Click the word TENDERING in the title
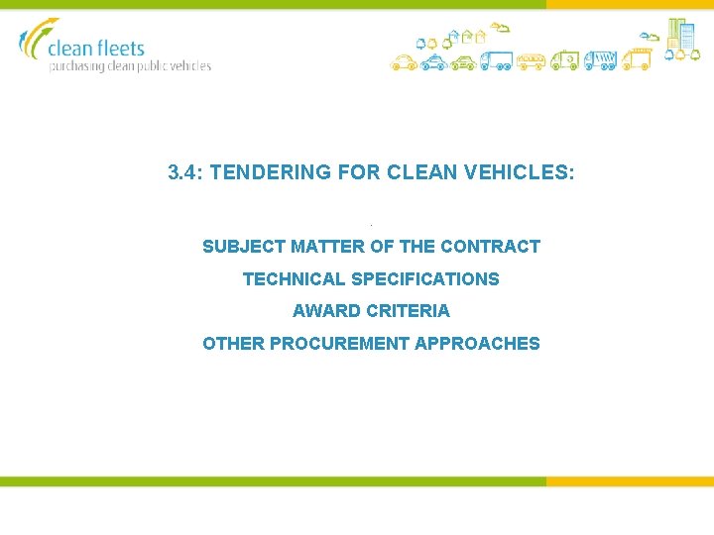tap(269, 172)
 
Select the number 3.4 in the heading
tap(182, 172)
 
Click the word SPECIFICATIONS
tap(425, 279)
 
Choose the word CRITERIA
tap(408, 311)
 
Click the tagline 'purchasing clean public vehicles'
tap(131, 66)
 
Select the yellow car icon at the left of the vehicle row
tap(403, 63)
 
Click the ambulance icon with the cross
tap(564, 61)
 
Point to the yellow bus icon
tap(531, 61)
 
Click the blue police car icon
tap(434, 63)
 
